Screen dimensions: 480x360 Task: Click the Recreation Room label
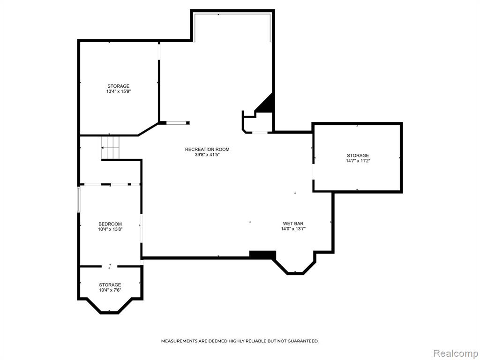pyautogui.click(x=207, y=150)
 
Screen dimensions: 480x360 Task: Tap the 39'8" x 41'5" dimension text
pyautogui.click(x=207, y=155)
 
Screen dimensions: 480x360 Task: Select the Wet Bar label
pyautogui.click(x=293, y=224)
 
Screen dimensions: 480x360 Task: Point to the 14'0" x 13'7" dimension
pyautogui.click(x=293, y=229)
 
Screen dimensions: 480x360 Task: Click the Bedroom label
pyautogui.click(x=110, y=224)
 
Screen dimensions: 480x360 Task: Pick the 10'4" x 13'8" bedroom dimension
pyautogui.click(x=110, y=229)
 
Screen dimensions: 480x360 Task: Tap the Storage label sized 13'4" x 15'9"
pyautogui.click(x=118, y=86)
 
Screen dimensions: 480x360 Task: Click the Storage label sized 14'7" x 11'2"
pyautogui.click(x=358, y=155)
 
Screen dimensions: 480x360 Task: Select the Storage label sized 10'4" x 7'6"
pyautogui.click(x=110, y=285)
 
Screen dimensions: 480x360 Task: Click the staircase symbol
pyautogui.click(x=110, y=148)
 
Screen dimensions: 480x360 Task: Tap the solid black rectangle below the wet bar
pyautogui.click(x=262, y=255)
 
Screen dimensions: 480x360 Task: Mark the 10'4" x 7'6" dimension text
pyautogui.click(x=110, y=290)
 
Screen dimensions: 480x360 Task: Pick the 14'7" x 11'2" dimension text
pyautogui.click(x=358, y=160)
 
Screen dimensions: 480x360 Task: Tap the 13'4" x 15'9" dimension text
pyautogui.click(x=119, y=91)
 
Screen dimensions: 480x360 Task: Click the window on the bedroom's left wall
pyautogui.click(x=79, y=199)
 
